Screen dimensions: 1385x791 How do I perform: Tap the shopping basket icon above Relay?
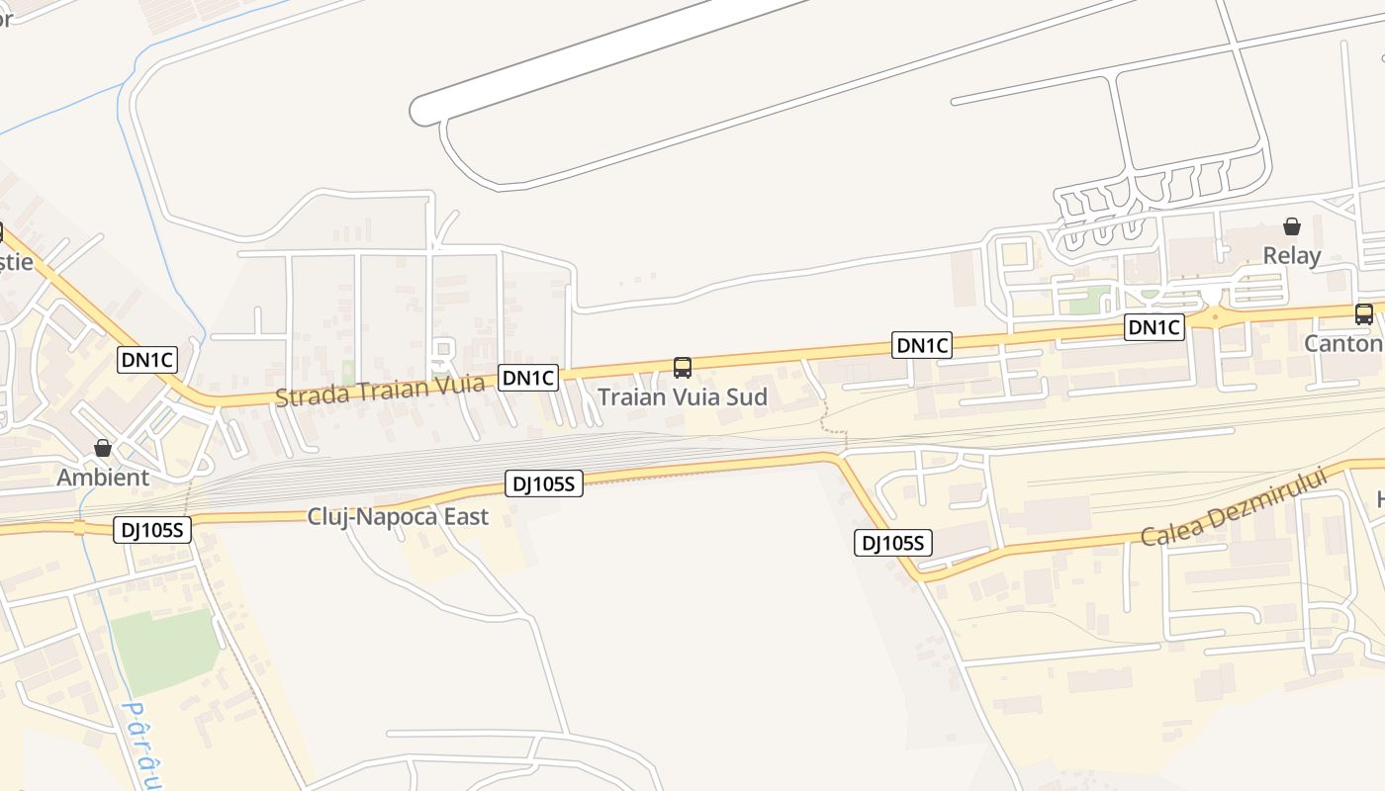tap(1291, 226)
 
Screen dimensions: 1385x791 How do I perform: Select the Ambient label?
tap(103, 478)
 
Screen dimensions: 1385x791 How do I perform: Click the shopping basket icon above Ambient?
tap(103, 448)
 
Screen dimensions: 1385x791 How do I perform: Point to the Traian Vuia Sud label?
tap(682, 397)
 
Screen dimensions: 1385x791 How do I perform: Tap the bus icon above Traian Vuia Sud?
tap(682, 368)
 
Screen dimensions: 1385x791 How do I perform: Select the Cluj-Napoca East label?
tap(398, 516)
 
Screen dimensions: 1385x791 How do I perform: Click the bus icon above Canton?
tap(1363, 314)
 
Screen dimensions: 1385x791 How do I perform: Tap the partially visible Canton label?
tap(1343, 344)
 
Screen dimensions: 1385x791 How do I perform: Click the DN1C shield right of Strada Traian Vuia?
tap(528, 377)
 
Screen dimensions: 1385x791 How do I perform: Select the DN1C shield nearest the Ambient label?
tap(147, 360)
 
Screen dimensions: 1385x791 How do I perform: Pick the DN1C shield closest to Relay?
tap(1154, 327)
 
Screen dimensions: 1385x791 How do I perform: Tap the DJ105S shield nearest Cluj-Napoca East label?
tap(544, 483)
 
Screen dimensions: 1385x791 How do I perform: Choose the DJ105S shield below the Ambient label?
tap(151, 529)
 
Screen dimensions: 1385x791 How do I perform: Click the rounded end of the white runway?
tap(425, 110)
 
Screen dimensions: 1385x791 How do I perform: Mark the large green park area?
tap(163, 650)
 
